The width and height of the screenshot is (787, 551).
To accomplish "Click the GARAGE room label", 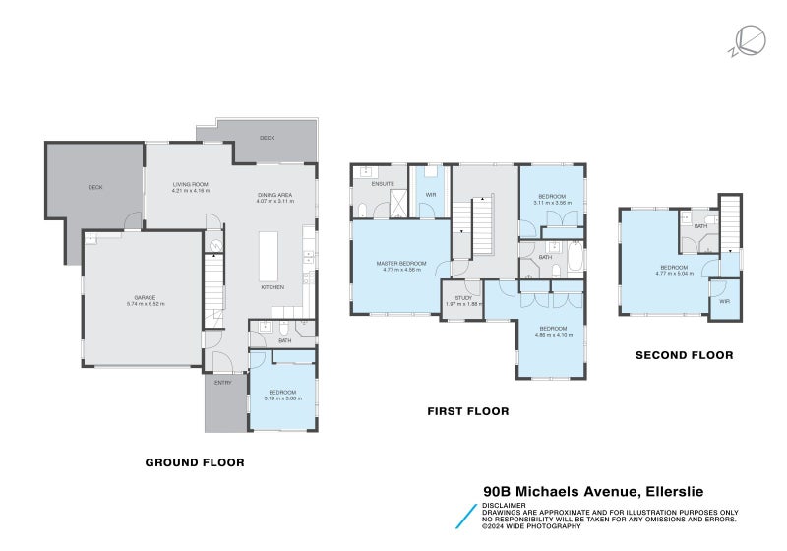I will (145, 296).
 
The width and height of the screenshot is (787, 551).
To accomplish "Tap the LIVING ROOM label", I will (190, 184).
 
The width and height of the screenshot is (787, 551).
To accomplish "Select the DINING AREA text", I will (276, 195).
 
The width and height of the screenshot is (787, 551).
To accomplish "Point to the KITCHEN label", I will (272, 287).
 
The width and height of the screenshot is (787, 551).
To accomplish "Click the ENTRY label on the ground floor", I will (222, 383).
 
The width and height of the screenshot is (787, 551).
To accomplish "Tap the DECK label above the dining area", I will (267, 139).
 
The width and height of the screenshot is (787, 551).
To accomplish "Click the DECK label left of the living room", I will (95, 187).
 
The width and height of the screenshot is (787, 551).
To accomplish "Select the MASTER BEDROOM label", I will (401, 263).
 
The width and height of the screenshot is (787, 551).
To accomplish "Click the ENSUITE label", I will (383, 184).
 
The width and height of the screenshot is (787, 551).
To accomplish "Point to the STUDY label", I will (457, 298).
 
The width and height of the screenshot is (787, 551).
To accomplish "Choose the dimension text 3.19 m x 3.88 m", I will (283, 398).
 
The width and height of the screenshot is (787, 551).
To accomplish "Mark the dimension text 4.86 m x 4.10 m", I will (552, 335).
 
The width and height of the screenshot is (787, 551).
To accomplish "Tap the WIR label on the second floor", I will (724, 301).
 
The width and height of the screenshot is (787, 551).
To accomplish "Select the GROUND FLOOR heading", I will (195, 462).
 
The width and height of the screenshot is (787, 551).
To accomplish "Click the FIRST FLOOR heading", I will (467, 411).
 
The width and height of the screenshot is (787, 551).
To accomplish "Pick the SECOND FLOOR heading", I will (684, 355).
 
